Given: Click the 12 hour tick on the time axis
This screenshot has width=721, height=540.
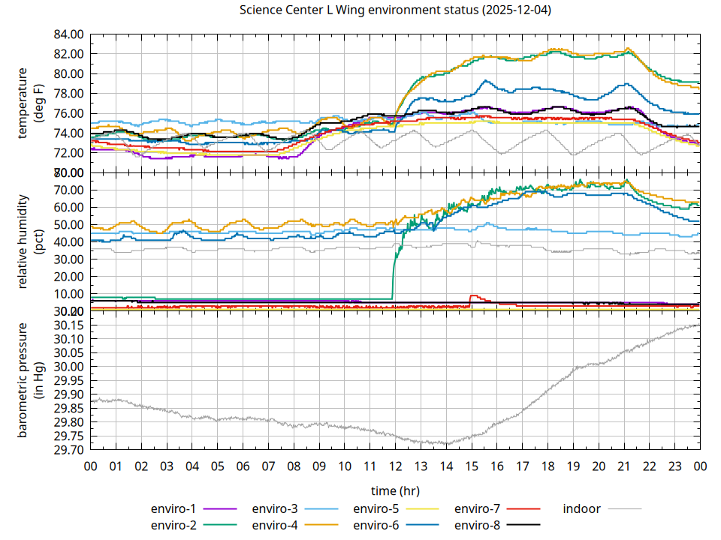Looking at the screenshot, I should tap(395, 466).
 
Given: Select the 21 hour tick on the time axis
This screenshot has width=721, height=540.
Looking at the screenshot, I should tap(624, 466).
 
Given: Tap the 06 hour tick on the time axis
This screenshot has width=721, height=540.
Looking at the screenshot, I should tap(243, 466).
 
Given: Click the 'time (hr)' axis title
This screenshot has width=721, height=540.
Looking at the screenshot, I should tap(395, 490).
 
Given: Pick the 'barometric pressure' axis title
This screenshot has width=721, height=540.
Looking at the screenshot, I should tap(23, 380).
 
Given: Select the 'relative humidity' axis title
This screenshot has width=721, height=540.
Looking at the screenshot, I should tap(23, 241).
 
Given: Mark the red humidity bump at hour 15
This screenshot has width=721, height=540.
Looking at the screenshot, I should tap(473, 295).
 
